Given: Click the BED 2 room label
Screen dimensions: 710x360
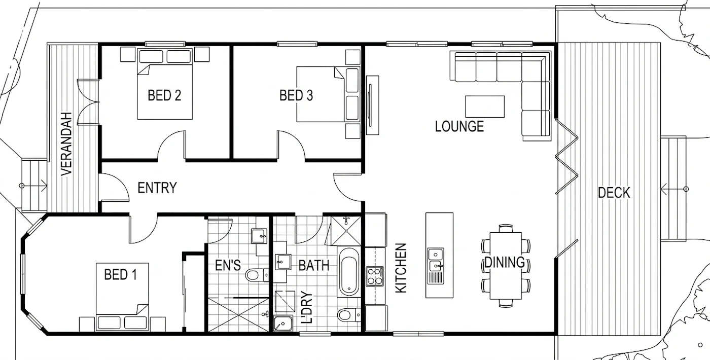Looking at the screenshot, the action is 164,95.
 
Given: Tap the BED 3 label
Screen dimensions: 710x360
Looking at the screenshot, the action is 296,95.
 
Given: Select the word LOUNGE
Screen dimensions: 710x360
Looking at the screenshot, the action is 459,126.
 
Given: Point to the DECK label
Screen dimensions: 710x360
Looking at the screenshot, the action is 614,193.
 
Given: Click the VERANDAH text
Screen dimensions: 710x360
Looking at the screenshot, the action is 66,143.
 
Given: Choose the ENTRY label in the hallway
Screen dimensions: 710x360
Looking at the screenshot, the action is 157,188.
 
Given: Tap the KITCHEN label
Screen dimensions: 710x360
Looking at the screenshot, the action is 401,268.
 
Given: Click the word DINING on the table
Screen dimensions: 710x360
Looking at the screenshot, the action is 505,263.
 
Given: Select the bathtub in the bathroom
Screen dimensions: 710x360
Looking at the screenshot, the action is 349,272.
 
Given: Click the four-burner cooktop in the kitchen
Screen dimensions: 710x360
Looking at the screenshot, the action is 375,276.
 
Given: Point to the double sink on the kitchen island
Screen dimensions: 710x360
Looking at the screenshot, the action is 436,260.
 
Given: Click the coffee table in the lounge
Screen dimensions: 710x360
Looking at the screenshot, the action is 485,106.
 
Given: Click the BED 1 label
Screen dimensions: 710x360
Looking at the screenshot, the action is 121,274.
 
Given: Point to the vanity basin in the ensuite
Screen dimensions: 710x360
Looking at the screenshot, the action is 259,236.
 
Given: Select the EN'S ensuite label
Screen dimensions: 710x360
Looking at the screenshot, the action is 228,266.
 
